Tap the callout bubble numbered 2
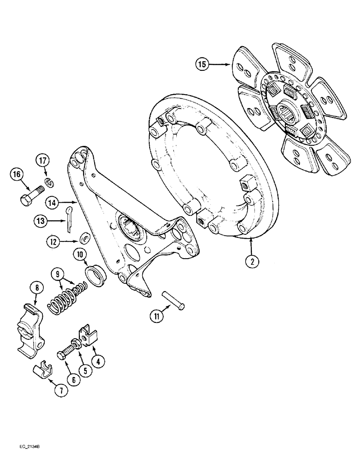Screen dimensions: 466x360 [x=252, y=261]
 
